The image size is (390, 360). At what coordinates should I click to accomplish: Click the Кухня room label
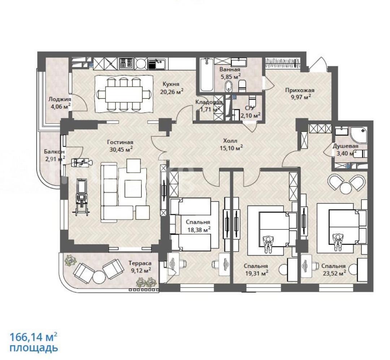click(171, 84)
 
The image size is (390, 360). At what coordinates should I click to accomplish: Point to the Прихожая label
click(300, 90)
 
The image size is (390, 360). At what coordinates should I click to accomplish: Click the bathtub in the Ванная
click(207, 75)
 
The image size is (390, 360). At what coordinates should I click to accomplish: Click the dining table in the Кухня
click(124, 94)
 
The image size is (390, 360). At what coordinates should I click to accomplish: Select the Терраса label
click(140, 263)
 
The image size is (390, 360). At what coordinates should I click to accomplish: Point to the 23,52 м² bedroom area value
click(334, 273)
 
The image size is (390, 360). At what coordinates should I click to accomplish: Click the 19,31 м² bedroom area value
click(256, 273)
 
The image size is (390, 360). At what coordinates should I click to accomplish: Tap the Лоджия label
click(60, 99)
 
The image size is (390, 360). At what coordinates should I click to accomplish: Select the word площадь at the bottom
click(34, 348)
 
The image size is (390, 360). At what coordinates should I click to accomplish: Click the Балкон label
click(54, 151)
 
